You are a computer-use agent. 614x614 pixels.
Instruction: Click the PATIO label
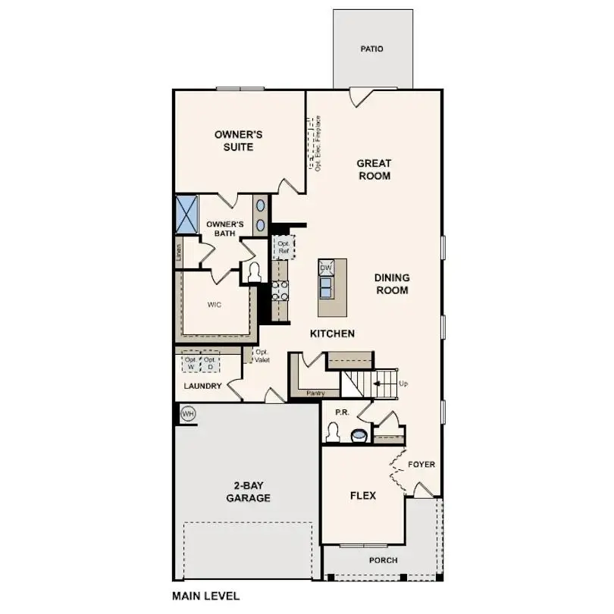[372, 49]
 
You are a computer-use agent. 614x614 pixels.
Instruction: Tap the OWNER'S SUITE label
[238, 140]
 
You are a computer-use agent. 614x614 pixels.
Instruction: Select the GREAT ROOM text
[374, 169]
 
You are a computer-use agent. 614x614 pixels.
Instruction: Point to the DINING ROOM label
[391, 284]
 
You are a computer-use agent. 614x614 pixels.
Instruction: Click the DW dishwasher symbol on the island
[326, 268]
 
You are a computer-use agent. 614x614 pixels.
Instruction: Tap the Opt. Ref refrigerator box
[283, 247]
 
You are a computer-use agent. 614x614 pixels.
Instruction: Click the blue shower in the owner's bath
[186, 213]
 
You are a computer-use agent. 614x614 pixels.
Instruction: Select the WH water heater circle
[188, 414]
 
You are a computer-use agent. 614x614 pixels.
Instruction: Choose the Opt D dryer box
[209, 363]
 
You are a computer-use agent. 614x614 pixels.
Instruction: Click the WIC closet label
[215, 305]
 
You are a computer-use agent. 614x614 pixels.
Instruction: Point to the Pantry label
[315, 393]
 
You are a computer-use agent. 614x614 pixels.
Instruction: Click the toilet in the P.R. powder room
[331, 433]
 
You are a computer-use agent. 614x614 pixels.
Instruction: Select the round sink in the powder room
[359, 435]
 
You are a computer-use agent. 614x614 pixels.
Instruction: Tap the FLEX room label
[363, 496]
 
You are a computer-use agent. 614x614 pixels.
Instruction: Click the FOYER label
[421, 465]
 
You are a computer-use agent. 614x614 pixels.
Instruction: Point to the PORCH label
[383, 561]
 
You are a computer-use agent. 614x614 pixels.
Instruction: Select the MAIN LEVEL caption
[205, 596]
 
